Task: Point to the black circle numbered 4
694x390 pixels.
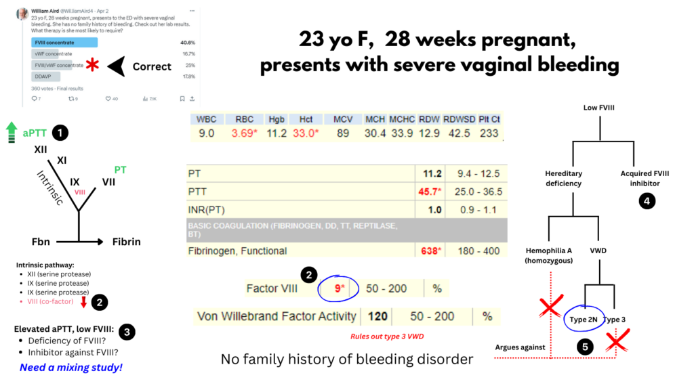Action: (646, 201)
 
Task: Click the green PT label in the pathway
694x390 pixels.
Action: (120, 169)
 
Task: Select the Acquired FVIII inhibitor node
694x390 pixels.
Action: (645, 178)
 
